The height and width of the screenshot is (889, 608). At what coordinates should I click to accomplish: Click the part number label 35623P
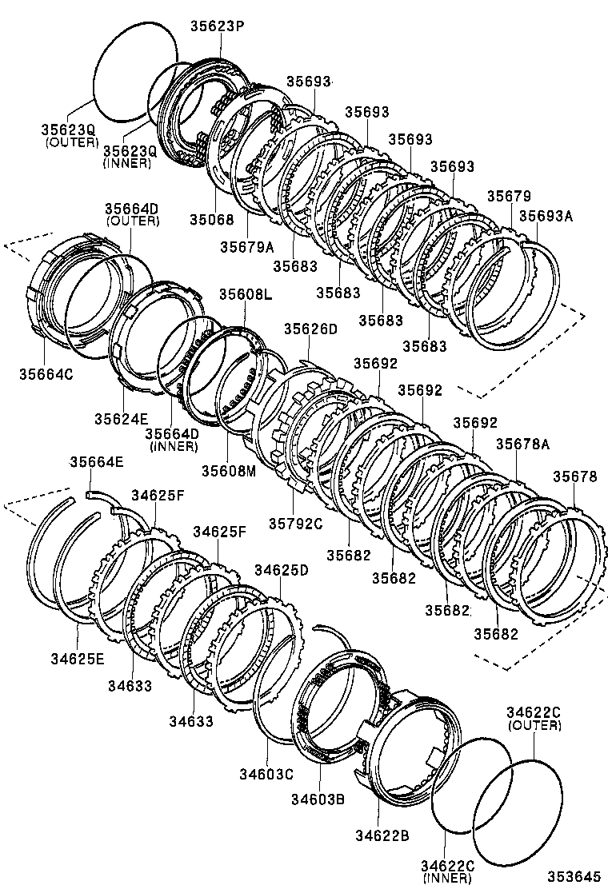(217, 26)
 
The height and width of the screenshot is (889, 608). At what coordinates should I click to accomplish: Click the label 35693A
(547, 216)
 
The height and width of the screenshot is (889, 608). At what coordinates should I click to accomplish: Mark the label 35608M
(228, 471)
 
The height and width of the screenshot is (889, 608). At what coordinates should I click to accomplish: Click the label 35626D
(310, 329)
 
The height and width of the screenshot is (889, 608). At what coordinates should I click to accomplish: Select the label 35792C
(295, 524)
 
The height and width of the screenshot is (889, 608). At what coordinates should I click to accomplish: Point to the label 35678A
(522, 444)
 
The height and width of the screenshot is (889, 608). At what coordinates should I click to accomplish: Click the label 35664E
(96, 461)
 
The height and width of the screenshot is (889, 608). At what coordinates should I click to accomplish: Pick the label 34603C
(266, 773)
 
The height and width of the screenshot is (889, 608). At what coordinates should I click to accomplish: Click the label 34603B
(318, 798)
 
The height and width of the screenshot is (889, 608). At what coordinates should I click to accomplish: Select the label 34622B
(382, 835)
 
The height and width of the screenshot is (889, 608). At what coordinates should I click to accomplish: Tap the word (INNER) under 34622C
(449, 878)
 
